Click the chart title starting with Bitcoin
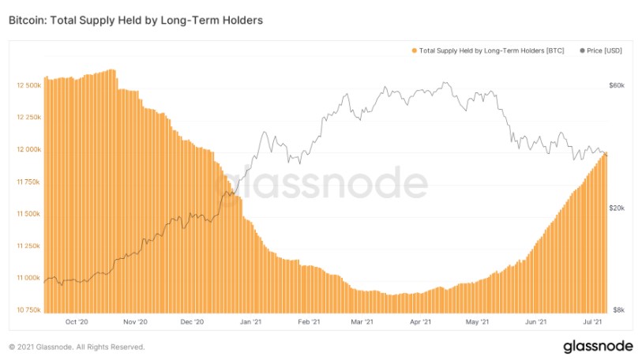tap(136, 21)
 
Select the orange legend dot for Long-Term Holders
tap(415, 51)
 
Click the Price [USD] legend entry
tap(601, 51)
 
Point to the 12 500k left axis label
tap(28, 85)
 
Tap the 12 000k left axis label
tap(28, 149)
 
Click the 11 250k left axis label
tap(28, 246)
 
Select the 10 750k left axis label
tap(28, 310)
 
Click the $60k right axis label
tap(617, 85)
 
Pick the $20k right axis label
tap(617, 208)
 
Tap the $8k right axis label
tap(618, 310)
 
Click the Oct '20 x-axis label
tap(77, 322)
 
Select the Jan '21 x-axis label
tap(250, 322)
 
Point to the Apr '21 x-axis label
tap(420, 322)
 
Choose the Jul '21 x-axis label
tap(592, 322)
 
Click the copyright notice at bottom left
tap(77, 347)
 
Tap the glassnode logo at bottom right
tap(599, 347)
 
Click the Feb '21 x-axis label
tap(309, 322)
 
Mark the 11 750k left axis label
tap(28, 182)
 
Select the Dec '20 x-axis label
tap(192, 322)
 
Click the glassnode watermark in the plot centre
tap(321, 183)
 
